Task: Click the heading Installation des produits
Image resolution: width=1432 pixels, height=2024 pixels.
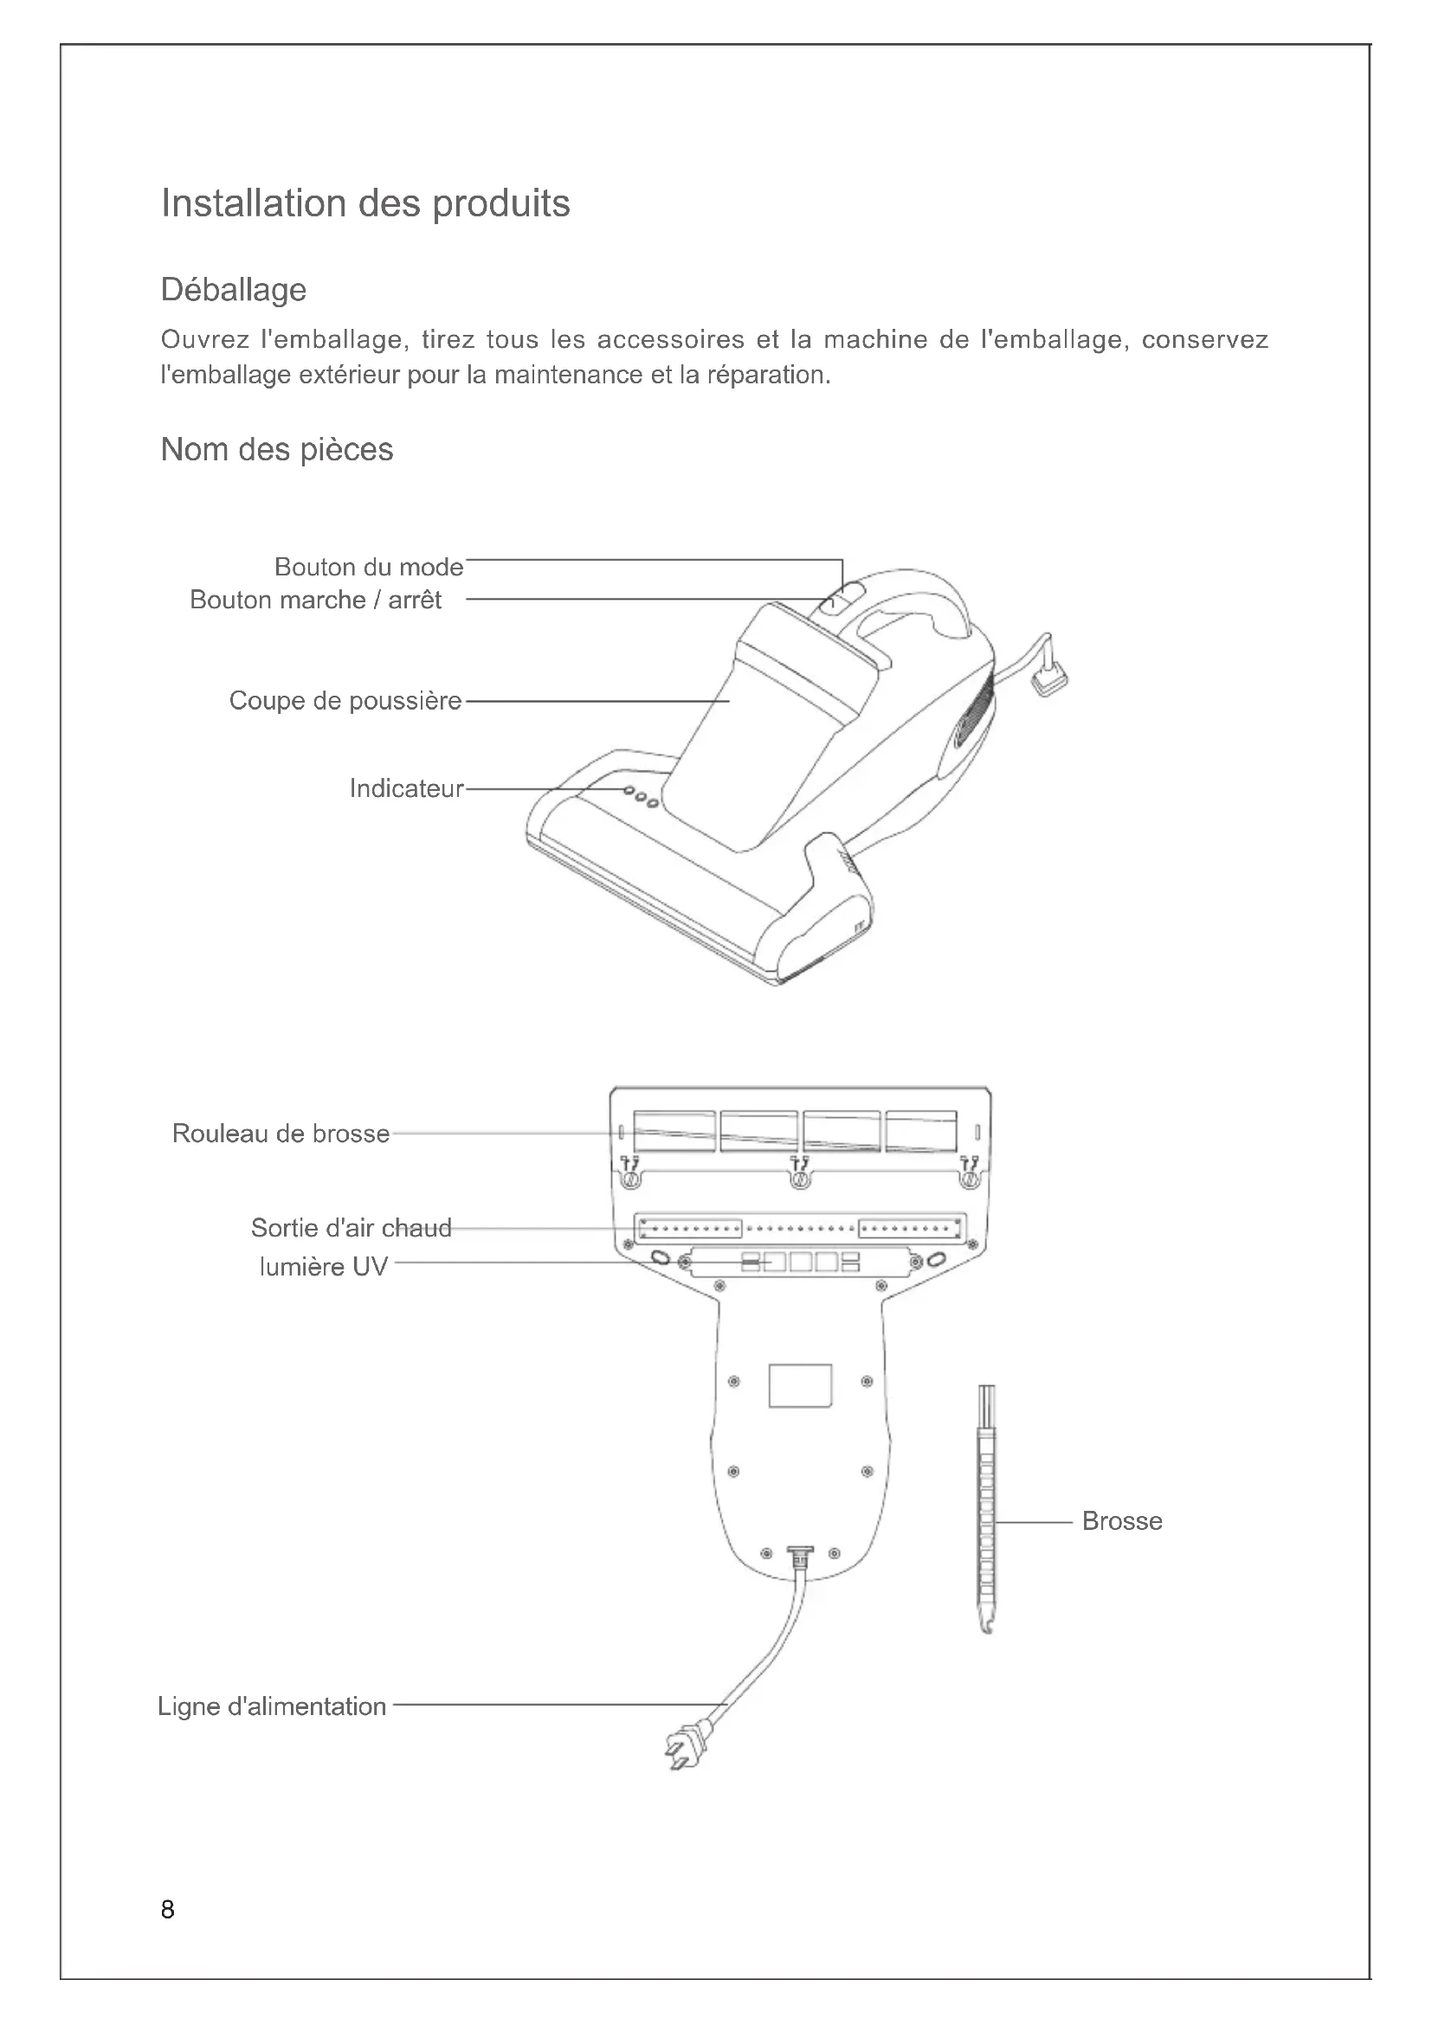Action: click(x=365, y=203)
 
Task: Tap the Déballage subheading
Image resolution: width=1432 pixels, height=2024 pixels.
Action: click(x=234, y=289)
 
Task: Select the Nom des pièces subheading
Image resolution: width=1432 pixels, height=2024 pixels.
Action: click(x=277, y=450)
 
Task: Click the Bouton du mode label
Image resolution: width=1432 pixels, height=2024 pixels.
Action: click(x=369, y=567)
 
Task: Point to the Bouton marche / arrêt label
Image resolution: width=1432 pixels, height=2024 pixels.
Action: click(x=316, y=601)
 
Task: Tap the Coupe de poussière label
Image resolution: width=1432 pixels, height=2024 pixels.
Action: click(x=345, y=701)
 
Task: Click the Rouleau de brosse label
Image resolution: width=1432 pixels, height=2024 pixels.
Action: click(x=281, y=1134)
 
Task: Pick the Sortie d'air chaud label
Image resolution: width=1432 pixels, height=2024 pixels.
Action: click(x=351, y=1228)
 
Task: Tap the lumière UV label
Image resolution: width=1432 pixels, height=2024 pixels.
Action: click(x=324, y=1267)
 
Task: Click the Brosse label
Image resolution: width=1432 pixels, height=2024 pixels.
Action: click(x=1121, y=1521)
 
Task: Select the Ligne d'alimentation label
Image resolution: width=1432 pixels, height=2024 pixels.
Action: click(x=272, y=1706)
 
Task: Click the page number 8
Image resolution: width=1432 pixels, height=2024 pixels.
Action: click(x=168, y=1911)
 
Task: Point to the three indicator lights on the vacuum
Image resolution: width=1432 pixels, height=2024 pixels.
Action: click(x=641, y=797)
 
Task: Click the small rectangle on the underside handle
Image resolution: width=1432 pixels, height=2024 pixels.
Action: click(x=800, y=1385)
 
